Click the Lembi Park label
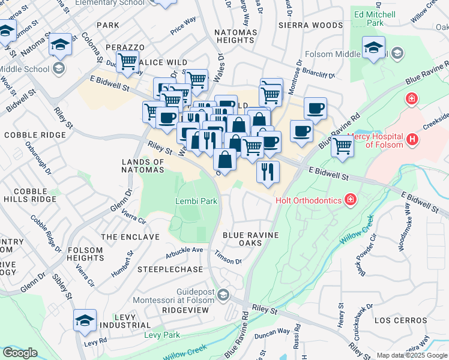(196, 202)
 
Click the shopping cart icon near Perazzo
(127, 61)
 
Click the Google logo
(20, 353)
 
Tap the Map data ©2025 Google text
(412, 355)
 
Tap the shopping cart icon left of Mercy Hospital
(342, 145)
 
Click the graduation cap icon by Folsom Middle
(373, 47)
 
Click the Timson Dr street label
(228, 261)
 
